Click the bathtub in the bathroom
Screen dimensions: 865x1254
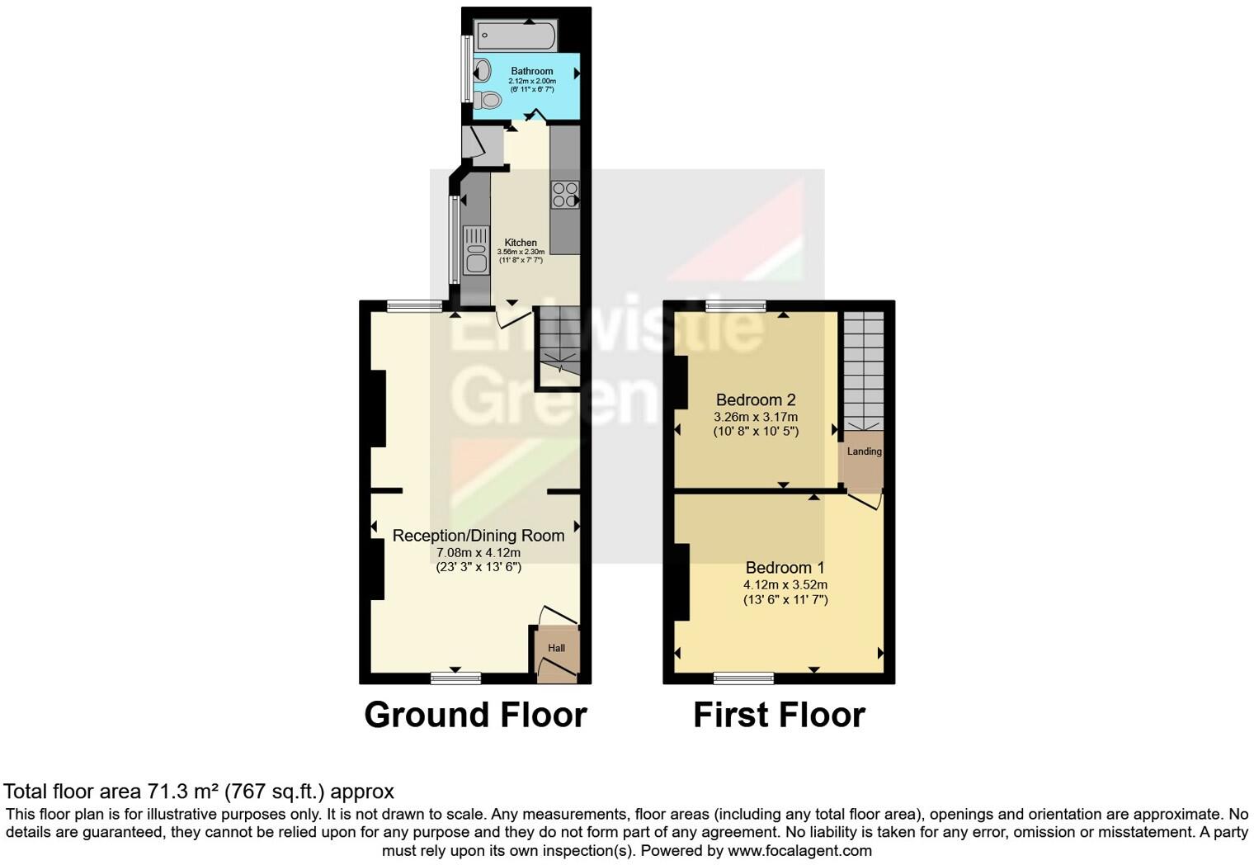point(516,35)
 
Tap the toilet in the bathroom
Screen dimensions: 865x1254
point(488,100)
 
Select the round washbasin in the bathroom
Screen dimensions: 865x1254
point(483,71)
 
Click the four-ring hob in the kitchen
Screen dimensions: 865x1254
point(565,195)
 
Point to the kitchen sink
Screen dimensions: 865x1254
point(476,250)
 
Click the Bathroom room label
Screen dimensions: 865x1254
point(531,71)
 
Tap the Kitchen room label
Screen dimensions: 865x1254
point(521,243)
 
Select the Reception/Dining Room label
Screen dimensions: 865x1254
point(478,536)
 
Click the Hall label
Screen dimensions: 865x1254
point(557,648)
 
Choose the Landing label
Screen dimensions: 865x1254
point(864,451)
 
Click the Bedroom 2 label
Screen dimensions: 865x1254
point(756,400)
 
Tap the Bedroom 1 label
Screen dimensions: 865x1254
point(785,568)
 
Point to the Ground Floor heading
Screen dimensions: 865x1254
point(475,715)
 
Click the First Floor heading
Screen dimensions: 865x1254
point(779,715)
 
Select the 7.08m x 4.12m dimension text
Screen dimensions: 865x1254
point(478,553)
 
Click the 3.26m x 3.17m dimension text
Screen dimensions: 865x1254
point(756,418)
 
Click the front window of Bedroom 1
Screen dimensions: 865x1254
point(743,678)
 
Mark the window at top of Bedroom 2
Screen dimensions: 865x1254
point(735,306)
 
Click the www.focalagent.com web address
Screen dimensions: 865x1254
point(799,850)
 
